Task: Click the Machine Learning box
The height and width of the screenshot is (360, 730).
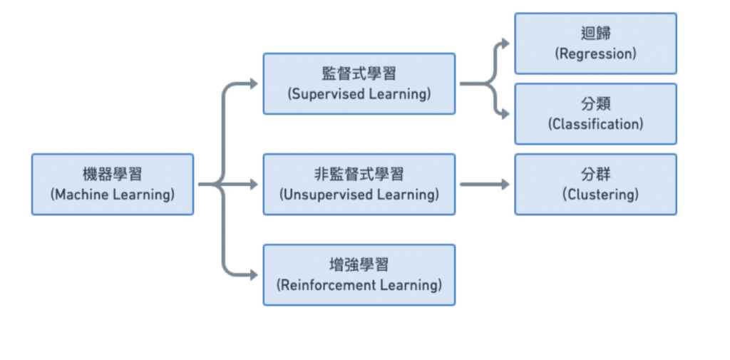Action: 112,184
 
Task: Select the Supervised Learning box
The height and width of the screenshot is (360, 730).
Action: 359,83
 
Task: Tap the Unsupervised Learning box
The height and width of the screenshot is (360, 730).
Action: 359,184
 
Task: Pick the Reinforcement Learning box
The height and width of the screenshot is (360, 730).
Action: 359,274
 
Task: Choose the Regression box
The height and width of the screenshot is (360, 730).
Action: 595,43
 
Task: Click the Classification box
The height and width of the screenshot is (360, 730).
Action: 595,113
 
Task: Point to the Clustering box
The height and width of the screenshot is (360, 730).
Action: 595,184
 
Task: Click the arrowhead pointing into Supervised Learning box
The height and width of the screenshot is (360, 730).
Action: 253,84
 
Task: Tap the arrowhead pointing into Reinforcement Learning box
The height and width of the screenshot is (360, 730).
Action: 253,274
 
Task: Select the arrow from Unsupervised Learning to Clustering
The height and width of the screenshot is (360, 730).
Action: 485,185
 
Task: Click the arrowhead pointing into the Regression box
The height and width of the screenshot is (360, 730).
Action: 505,43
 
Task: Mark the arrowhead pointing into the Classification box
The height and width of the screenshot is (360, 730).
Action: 505,113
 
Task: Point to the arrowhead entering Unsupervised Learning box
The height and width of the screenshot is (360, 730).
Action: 253,185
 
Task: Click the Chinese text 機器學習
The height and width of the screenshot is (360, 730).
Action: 112,175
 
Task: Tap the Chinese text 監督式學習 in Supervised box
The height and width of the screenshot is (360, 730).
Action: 359,74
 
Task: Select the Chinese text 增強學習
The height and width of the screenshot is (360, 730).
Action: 359,265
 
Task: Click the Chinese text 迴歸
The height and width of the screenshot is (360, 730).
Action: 595,34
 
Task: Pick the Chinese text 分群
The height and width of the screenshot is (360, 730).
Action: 595,174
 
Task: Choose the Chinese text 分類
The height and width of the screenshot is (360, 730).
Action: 595,104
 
